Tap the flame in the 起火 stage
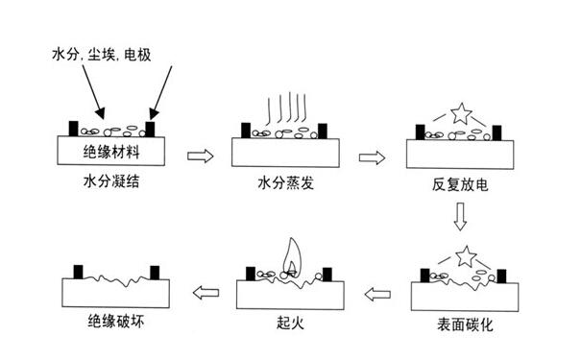click(x=290, y=254)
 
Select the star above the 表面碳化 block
click(x=464, y=255)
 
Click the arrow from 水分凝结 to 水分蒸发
click(x=199, y=154)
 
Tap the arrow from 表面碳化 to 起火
click(x=376, y=291)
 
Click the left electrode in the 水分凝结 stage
click(x=73, y=127)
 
